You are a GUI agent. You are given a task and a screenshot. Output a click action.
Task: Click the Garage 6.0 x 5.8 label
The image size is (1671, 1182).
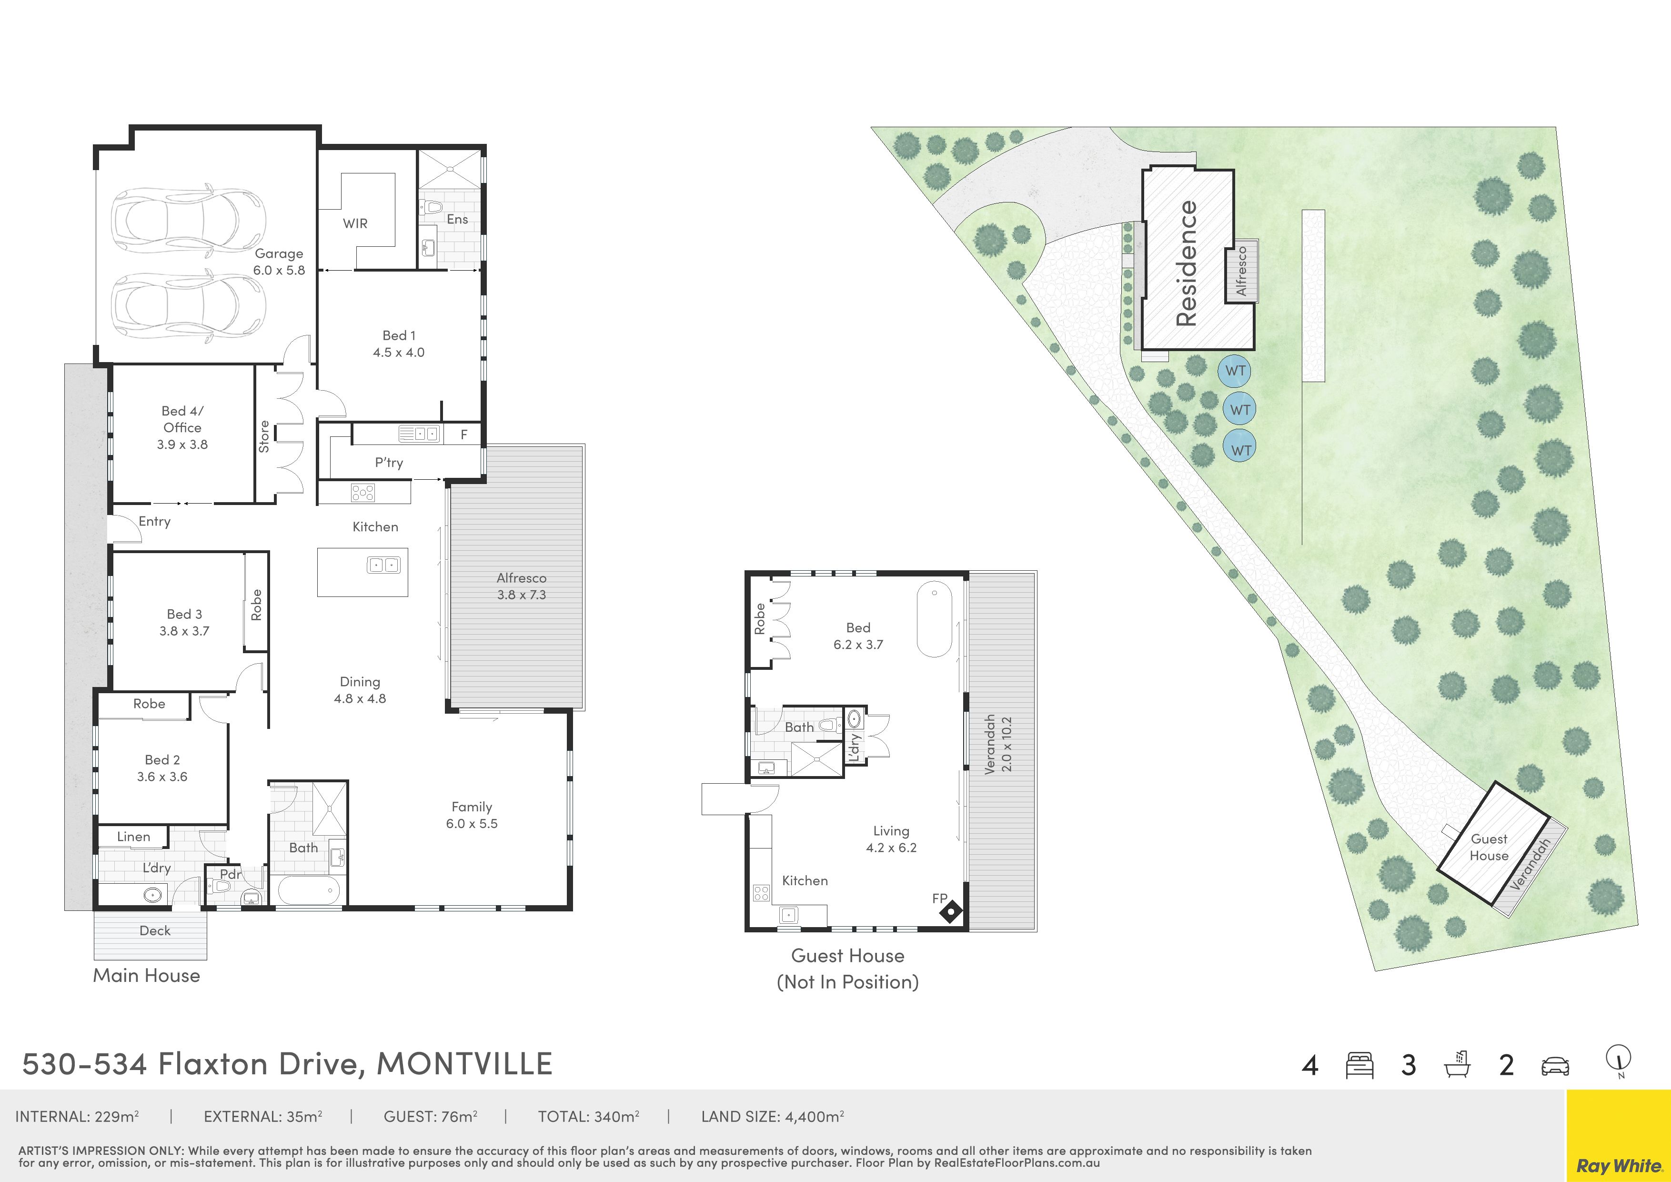[279, 261]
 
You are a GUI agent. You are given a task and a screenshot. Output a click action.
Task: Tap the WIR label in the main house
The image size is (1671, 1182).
[355, 223]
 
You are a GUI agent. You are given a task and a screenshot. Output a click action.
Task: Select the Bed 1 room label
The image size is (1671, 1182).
[399, 343]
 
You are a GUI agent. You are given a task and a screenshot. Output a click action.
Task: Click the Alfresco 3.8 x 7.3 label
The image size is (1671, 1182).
[521, 586]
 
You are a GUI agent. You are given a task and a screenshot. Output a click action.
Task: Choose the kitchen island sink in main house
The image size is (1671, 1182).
[383, 564]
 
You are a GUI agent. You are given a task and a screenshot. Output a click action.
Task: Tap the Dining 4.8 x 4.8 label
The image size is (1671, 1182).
[360, 690]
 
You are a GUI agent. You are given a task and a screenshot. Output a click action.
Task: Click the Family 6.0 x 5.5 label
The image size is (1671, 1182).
[472, 815]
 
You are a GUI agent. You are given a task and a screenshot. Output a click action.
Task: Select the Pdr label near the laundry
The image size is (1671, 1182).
[230, 874]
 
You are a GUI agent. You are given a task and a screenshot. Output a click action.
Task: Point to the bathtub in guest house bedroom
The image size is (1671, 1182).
[934, 619]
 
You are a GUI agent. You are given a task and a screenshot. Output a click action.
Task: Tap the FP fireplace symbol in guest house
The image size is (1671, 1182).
[950, 912]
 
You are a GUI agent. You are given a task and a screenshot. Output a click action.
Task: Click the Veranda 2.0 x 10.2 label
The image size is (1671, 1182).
[998, 745]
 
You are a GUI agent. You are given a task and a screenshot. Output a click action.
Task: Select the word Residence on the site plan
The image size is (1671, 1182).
[1186, 263]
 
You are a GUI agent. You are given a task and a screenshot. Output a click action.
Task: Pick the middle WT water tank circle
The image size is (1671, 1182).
[1240, 410]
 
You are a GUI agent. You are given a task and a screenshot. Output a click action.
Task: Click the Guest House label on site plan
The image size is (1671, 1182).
[1489, 847]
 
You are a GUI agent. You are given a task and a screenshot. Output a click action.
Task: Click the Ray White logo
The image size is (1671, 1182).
[1618, 1135]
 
